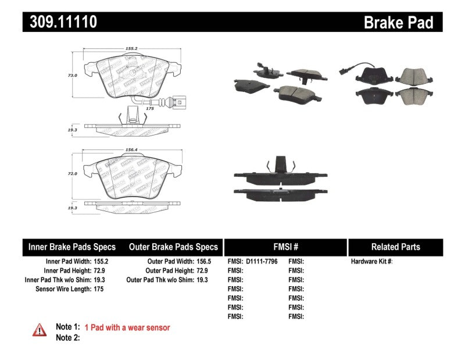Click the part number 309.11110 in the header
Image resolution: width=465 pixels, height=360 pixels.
click(x=60, y=22)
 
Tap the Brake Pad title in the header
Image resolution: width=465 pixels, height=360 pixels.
click(x=398, y=22)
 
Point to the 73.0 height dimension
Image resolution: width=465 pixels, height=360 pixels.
click(x=73, y=75)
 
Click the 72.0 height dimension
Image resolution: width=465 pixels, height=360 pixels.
click(x=73, y=173)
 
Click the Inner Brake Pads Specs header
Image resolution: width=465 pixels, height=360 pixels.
click(x=72, y=247)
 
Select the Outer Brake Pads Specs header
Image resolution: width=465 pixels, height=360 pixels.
click(x=173, y=247)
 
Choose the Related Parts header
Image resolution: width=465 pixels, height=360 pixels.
click(x=395, y=247)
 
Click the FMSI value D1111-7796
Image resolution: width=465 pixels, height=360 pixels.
click(x=262, y=262)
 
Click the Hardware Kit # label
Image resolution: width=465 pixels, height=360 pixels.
click(x=371, y=262)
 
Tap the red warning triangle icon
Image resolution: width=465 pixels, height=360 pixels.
click(x=39, y=329)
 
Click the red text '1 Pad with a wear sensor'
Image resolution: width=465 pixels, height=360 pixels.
click(x=127, y=328)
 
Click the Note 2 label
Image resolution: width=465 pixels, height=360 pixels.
click(x=67, y=338)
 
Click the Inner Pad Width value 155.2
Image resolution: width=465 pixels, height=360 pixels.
click(x=101, y=262)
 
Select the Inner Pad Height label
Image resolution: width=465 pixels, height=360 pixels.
click(x=67, y=271)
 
